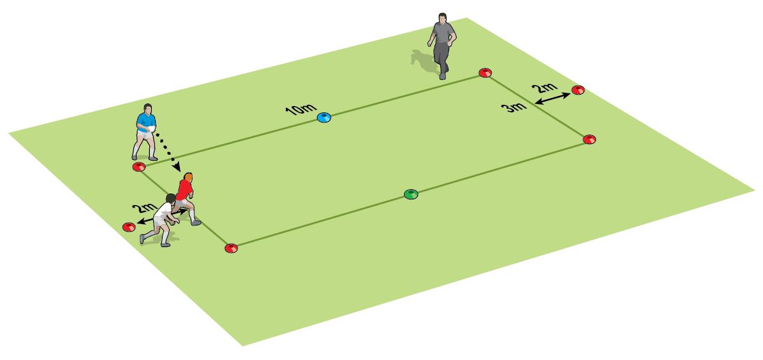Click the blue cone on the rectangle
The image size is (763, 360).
point(324,117)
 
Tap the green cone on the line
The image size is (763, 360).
point(411,194)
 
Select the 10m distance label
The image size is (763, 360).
point(299,109)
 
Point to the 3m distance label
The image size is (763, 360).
point(514,107)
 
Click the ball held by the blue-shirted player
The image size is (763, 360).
point(151,129)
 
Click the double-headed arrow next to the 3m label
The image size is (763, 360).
point(551,97)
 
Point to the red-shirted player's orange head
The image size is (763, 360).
point(188,177)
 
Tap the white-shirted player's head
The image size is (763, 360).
point(170,200)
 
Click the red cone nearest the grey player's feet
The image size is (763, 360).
point(485,73)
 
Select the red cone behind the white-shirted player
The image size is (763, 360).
point(128,227)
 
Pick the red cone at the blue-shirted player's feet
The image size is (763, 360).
point(138,167)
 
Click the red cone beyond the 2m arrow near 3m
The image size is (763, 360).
point(577,90)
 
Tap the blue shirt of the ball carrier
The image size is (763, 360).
point(145,121)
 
